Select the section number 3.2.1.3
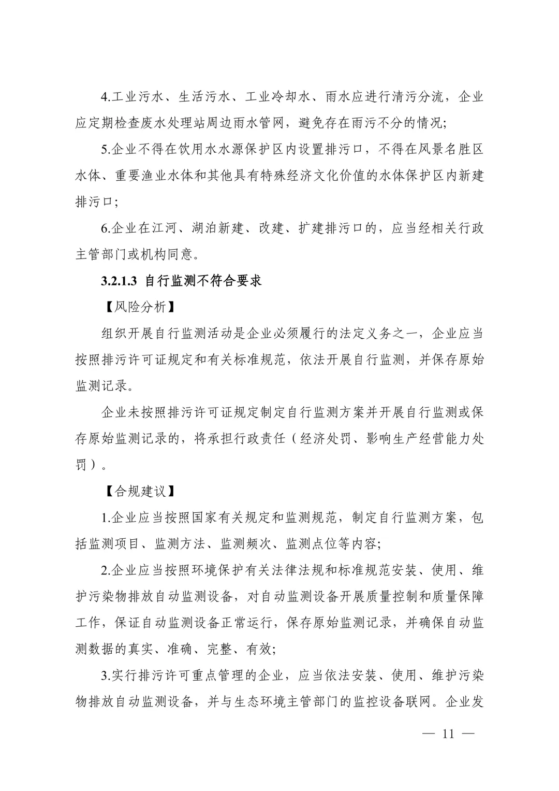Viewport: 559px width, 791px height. point(119,281)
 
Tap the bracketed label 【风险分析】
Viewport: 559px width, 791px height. point(137,307)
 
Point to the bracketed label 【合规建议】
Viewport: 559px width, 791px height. point(137,491)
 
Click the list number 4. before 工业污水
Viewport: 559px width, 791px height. point(106,97)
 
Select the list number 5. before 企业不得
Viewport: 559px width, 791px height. point(106,150)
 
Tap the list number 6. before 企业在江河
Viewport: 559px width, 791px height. point(106,228)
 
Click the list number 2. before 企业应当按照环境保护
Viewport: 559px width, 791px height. point(106,570)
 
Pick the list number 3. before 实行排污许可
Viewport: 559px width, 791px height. point(106,675)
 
